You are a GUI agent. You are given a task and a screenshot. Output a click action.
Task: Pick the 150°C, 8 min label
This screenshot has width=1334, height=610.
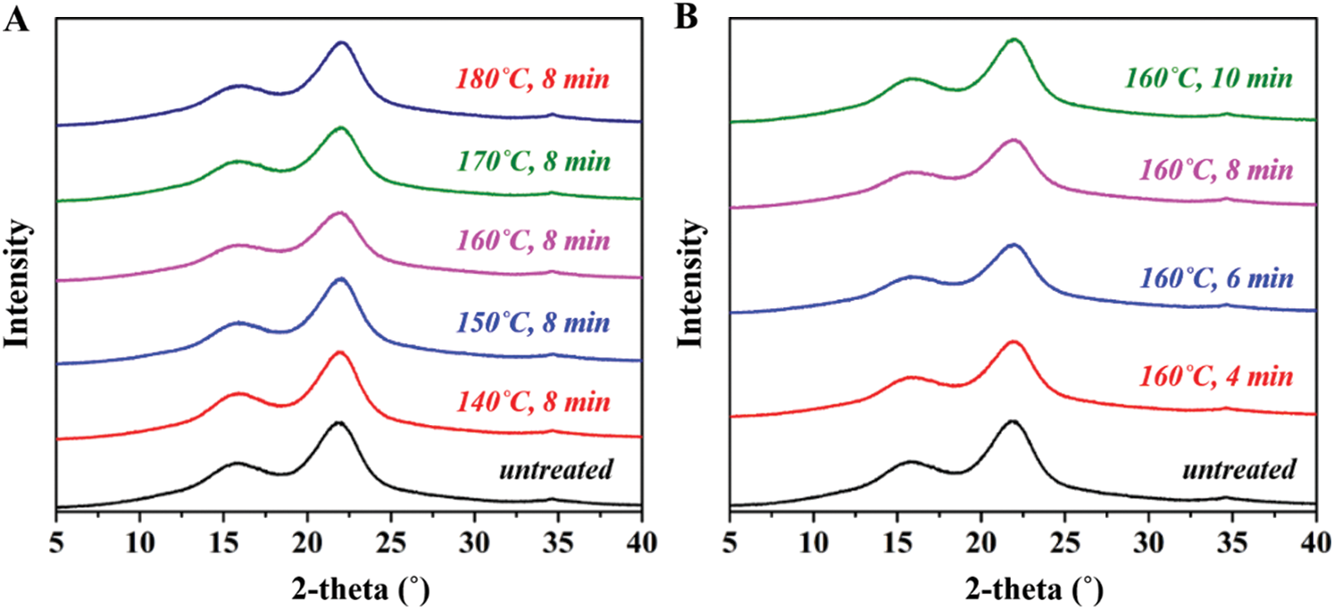pyautogui.click(x=533, y=321)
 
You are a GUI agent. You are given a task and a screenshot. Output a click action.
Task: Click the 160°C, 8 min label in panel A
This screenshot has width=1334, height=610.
pyautogui.click(x=533, y=241)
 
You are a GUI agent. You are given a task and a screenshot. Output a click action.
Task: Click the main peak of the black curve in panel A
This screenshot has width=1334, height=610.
pyautogui.click(x=338, y=423)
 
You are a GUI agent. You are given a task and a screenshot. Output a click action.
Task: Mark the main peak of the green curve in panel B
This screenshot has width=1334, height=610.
pyautogui.click(x=1013, y=40)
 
